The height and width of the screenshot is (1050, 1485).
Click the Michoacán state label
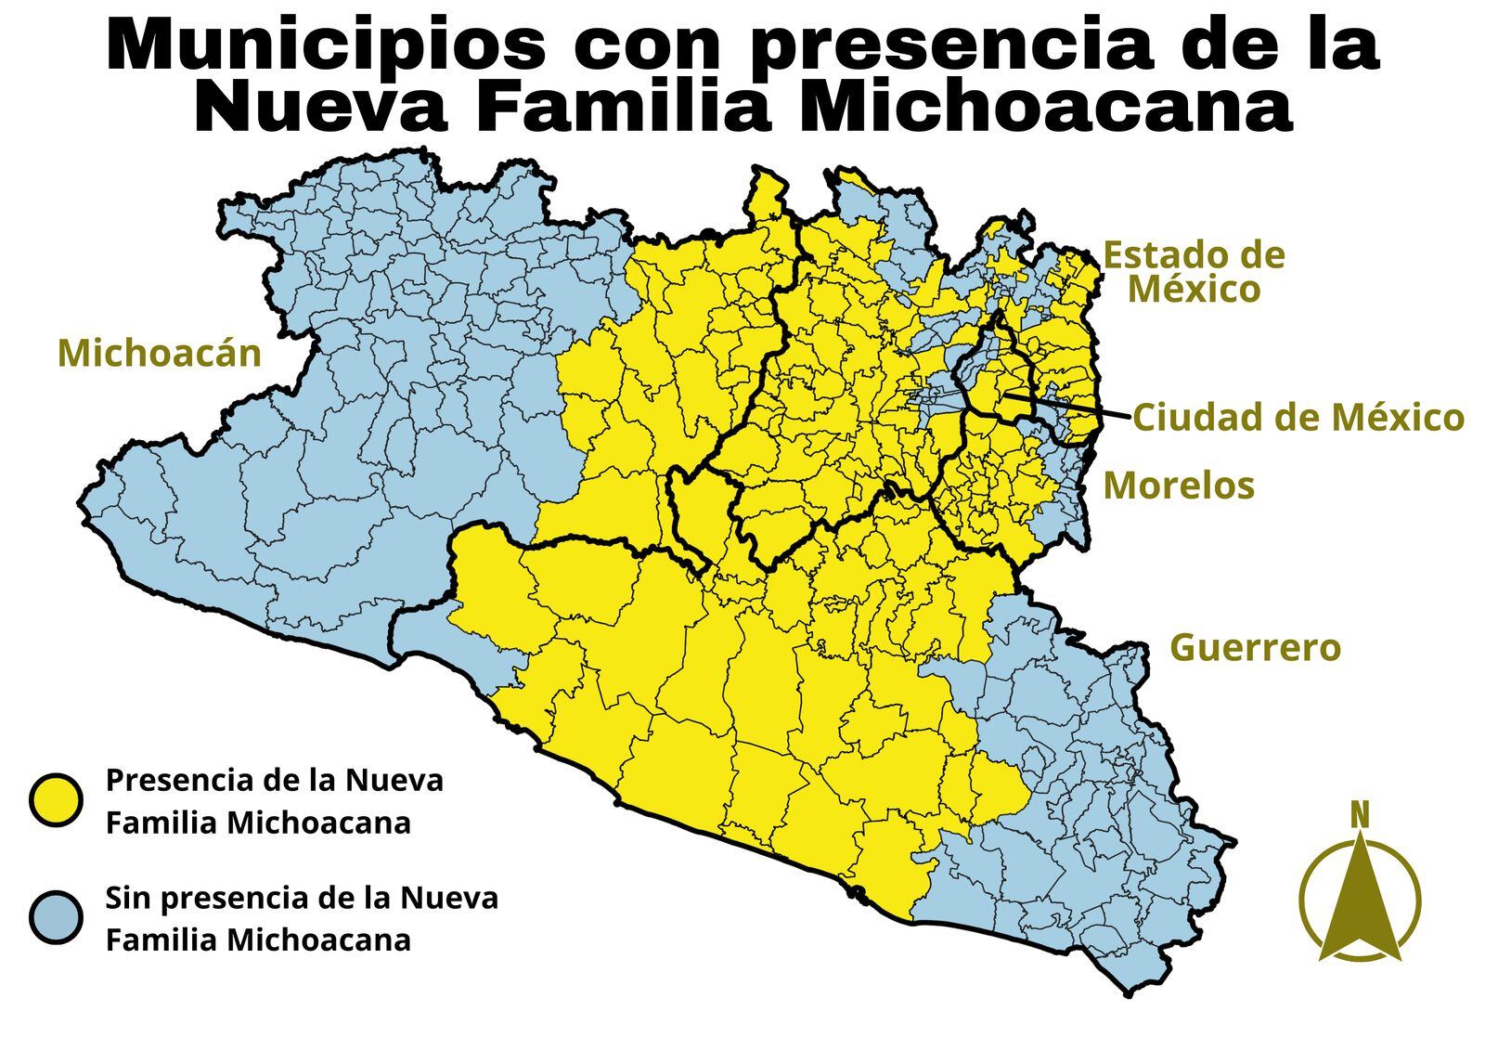(x=159, y=354)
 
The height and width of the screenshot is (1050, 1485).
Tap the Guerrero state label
(x=1255, y=647)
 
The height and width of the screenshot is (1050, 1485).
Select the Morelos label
(x=1178, y=486)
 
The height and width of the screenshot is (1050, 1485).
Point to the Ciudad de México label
(x=1298, y=418)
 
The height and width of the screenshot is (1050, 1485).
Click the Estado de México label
(x=1194, y=271)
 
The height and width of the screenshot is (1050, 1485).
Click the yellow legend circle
(x=56, y=800)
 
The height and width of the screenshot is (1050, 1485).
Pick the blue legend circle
(x=56, y=918)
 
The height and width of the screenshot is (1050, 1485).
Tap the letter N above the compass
(x=1359, y=815)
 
